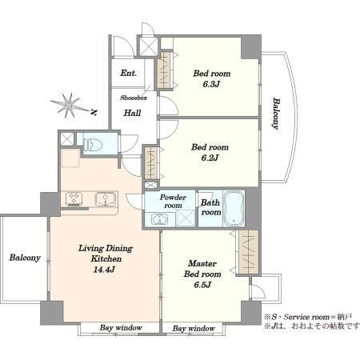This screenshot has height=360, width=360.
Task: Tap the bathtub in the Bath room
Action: (234, 209)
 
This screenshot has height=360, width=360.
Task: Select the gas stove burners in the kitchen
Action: (74, 199)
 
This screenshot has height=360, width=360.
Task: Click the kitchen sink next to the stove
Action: (106, 199)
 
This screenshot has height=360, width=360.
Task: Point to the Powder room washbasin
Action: (159, 220)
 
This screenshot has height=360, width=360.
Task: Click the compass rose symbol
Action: (69, 106)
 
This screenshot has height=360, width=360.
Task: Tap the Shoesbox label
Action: (134, 98)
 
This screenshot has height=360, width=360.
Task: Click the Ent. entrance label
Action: (129, 73)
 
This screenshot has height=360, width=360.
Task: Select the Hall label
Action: (132, 113)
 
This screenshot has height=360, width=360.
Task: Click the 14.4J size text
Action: (104, 270)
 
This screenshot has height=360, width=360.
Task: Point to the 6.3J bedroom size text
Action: (211, 84)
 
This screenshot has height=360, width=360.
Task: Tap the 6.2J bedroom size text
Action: (210, 158)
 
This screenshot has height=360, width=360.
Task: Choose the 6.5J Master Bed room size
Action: (202, 285)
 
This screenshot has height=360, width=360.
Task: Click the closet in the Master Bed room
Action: (249, 252)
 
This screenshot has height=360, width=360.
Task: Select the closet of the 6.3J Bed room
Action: (163, 70)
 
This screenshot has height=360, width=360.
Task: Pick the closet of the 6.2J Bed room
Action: (150, 163)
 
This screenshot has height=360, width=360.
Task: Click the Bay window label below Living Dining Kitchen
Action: (121, 328)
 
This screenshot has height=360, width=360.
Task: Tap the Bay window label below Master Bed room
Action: (194, 329)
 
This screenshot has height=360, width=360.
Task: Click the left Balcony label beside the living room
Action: (25, 258)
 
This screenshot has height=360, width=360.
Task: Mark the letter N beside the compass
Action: (93, 112)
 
